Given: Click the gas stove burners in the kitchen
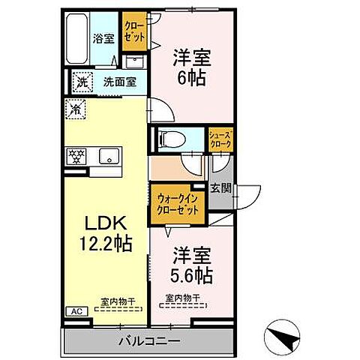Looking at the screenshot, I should click(76, 157).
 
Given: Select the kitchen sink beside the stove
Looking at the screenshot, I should click(109, 157).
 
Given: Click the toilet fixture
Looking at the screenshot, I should click(170, 139).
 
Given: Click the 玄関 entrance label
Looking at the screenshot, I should click(220, 188).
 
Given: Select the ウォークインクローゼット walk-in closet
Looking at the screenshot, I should click(178, 204).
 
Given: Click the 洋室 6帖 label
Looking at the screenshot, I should click(190, 65).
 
